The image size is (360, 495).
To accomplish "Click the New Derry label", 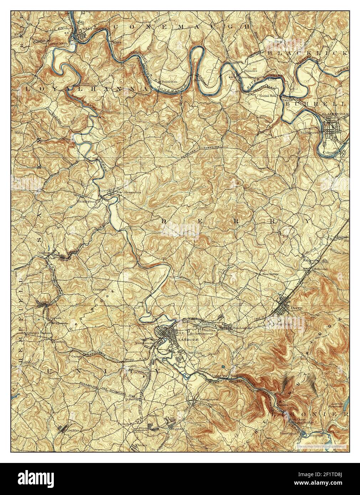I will point(270,275).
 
